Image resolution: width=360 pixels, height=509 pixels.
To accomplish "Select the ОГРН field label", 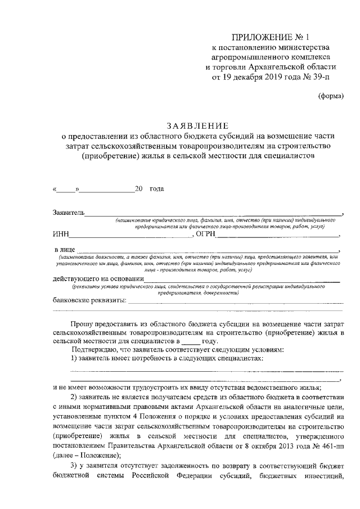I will (205, 234).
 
